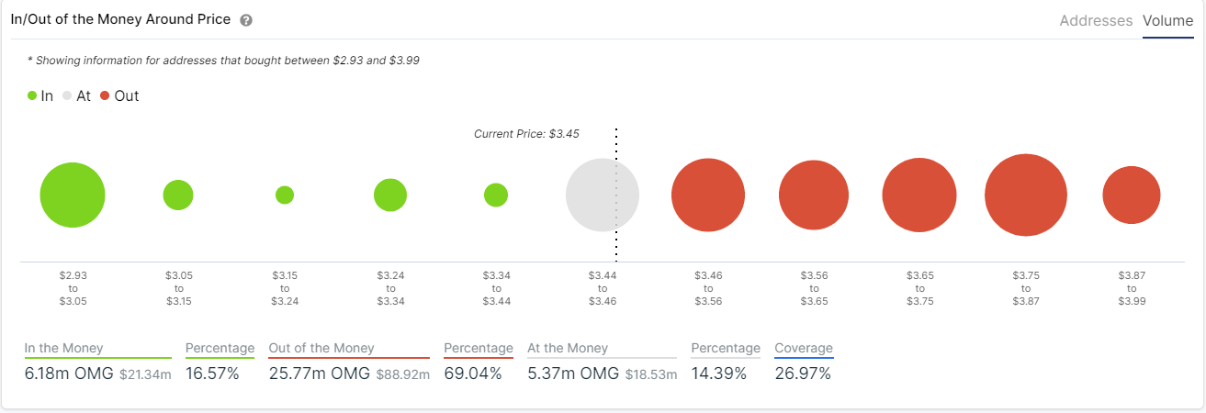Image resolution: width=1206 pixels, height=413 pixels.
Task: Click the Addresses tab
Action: (1096, 20)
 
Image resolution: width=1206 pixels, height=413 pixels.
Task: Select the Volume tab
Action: (1167, 20)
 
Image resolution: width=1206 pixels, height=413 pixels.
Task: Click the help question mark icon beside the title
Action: (245, 20)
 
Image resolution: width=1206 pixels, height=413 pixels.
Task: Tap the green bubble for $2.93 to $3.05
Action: (73, 195)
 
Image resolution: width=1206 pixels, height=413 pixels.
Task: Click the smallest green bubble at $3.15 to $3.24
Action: (285, 195)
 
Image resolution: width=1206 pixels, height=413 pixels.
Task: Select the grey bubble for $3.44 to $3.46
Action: (602, 195)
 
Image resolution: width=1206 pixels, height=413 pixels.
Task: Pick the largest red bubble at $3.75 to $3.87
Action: (1025, 195)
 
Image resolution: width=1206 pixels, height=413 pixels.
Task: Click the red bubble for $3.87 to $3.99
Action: (1132, 195)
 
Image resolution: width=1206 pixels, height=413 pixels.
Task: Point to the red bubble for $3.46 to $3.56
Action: (707, 195)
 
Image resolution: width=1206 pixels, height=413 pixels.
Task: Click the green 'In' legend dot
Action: (32, 95)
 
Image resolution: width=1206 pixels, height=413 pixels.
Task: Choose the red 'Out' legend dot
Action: (105, 95)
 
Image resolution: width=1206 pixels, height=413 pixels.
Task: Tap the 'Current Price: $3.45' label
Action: (526, 134)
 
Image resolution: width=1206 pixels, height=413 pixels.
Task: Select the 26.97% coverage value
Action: (802, 374)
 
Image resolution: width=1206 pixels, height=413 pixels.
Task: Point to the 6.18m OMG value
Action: (69, 374)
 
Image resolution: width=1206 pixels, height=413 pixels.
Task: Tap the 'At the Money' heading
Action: (567, 348)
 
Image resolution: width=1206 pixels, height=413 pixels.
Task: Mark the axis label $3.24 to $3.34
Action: (390, 287)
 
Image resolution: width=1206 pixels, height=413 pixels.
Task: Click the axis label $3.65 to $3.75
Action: (919, 287)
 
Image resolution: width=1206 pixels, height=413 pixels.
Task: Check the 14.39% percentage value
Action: (718, 374)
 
